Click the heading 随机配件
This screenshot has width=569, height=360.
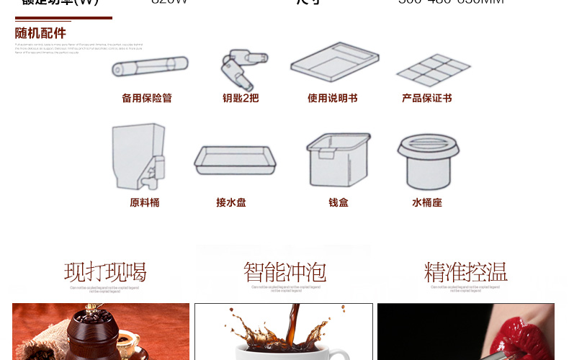pos(40,33)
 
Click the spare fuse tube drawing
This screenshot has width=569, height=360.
pos(150,67)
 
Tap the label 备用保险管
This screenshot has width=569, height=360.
pos(147,98)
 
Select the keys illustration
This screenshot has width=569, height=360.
pos(238,69)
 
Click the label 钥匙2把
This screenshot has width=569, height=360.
pos(241,98)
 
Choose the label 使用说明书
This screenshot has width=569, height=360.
pos(333,98)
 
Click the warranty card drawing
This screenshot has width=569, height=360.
pos(433,69)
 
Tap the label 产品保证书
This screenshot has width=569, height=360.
pos(427,98)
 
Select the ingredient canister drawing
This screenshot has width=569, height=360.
pos(138,156)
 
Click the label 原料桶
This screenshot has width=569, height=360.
pos(145,203)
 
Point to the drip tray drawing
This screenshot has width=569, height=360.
pos(235,160)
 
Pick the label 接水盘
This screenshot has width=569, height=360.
pos(231,203)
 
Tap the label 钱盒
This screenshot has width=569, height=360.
pos(339,203)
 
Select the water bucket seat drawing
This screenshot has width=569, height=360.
pos(429,160)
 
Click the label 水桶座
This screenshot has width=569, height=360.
pos(427,203)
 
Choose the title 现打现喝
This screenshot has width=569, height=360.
pos(105,272)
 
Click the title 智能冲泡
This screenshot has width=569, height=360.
pos(284,272)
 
